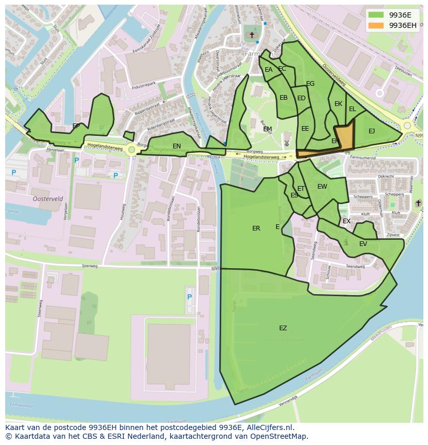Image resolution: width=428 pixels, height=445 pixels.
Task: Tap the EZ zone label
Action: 283,328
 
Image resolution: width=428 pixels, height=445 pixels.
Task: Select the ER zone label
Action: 256,228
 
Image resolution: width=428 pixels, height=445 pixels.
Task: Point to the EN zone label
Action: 177,146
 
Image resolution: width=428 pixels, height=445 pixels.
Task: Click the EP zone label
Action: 76,126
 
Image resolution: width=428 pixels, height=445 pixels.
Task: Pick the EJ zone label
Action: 372,131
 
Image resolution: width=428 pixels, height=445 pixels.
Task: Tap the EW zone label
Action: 322,187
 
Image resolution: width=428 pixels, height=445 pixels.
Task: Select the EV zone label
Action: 363,244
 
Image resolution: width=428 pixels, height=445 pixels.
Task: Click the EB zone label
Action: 283,98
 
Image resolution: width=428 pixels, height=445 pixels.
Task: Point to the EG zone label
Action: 310,84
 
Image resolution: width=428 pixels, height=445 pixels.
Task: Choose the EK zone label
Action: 338,104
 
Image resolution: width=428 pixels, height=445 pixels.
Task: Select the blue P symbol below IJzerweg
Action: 189,297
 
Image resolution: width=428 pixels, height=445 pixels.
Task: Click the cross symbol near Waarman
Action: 418,203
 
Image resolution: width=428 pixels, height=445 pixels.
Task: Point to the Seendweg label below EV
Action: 355,267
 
